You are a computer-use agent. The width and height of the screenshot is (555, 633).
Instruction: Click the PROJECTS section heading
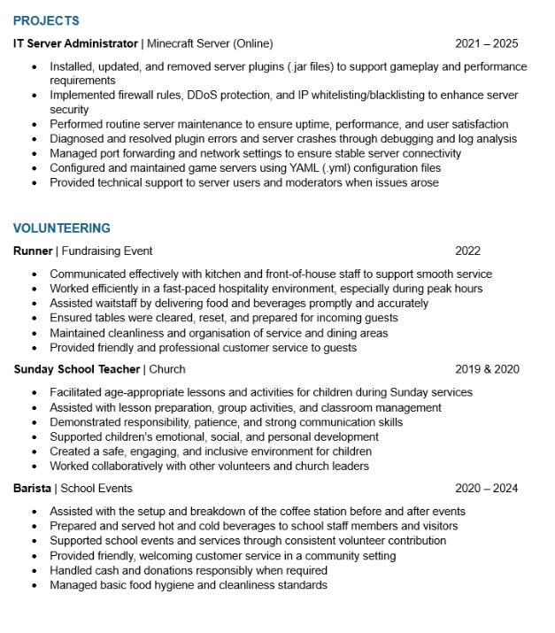coord(46,20)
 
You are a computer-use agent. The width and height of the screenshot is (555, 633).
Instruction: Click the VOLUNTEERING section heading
coord(62,228)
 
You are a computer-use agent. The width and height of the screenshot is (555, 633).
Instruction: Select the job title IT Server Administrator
coord(76,43)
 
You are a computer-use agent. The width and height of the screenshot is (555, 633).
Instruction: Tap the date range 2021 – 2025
coord(486,43)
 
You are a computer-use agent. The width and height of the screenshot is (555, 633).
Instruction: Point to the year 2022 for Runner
coord(468,251)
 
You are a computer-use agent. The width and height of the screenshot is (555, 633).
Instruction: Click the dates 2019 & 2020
coord(487,369)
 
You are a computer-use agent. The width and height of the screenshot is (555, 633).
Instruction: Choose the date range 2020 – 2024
coord(486,489)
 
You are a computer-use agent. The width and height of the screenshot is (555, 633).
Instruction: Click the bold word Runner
coord(34,251)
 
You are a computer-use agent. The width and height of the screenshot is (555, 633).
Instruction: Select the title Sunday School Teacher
coord(77,369)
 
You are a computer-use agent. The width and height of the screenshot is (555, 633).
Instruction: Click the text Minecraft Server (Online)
coord(210,43)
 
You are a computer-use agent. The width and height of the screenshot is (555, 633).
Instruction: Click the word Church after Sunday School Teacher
coord(167,369)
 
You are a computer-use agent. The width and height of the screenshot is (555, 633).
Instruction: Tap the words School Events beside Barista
coord(96,489)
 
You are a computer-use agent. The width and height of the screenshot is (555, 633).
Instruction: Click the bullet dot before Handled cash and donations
coord(34,571)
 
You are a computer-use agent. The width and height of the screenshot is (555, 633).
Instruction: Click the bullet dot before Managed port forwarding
coord(34,154)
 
